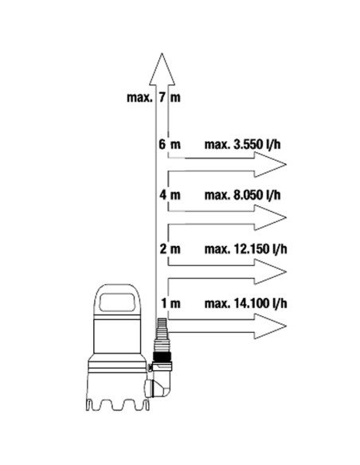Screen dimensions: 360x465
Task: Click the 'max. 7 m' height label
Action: click(x=153, y=97)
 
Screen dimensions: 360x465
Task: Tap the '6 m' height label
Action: click(x=170, y=144)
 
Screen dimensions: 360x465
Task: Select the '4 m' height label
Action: click(x=170, y=195)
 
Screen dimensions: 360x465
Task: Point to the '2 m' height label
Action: click(x=170, y=248)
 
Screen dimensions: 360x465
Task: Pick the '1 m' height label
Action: click(x=170, y=303)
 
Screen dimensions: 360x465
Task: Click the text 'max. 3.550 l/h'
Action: click(x=242, y=144)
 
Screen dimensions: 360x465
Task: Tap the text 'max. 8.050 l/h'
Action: click(x=242, y=195)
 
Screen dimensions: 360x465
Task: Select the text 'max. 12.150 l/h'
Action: click(x=245, y=248)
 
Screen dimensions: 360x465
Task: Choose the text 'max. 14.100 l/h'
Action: click(x=245, y=303)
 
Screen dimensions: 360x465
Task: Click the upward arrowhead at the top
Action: click(x=162, y=69)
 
